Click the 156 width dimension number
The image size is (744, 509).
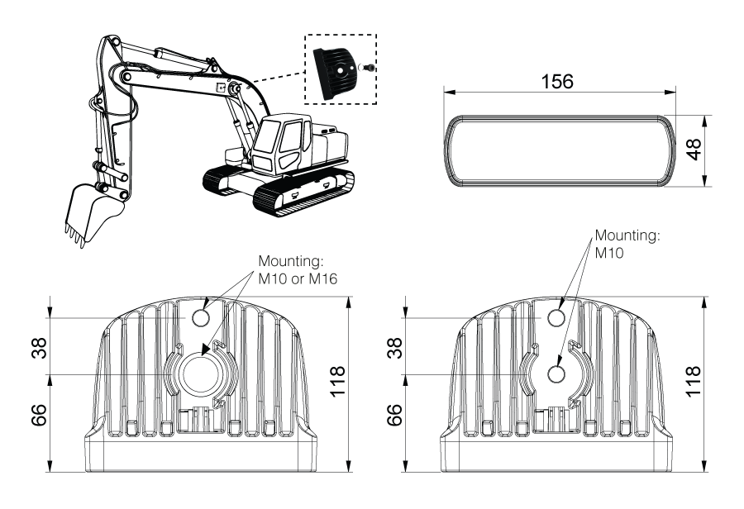coord(557,82)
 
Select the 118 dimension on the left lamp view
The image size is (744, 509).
coord(337,382)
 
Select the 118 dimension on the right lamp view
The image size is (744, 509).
coord(693,382)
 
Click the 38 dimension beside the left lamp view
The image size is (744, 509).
coord(40,348)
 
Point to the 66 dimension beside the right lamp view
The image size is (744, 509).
coord(395,415)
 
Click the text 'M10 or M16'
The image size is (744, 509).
coord(298,279)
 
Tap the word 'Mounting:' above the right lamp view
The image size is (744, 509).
coord(627,235)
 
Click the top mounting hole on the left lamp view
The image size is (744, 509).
coord(202,318)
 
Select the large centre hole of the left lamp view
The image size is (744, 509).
coord(202,374)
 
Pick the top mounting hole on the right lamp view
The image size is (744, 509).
coord(557,318)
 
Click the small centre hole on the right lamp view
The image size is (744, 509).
coord(556,374)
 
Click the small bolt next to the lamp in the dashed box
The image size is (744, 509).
coord(368,69)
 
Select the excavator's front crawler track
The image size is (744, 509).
coord(303,193)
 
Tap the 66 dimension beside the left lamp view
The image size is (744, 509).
coord(40,415)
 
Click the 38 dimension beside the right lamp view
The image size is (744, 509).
coord(395,348)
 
